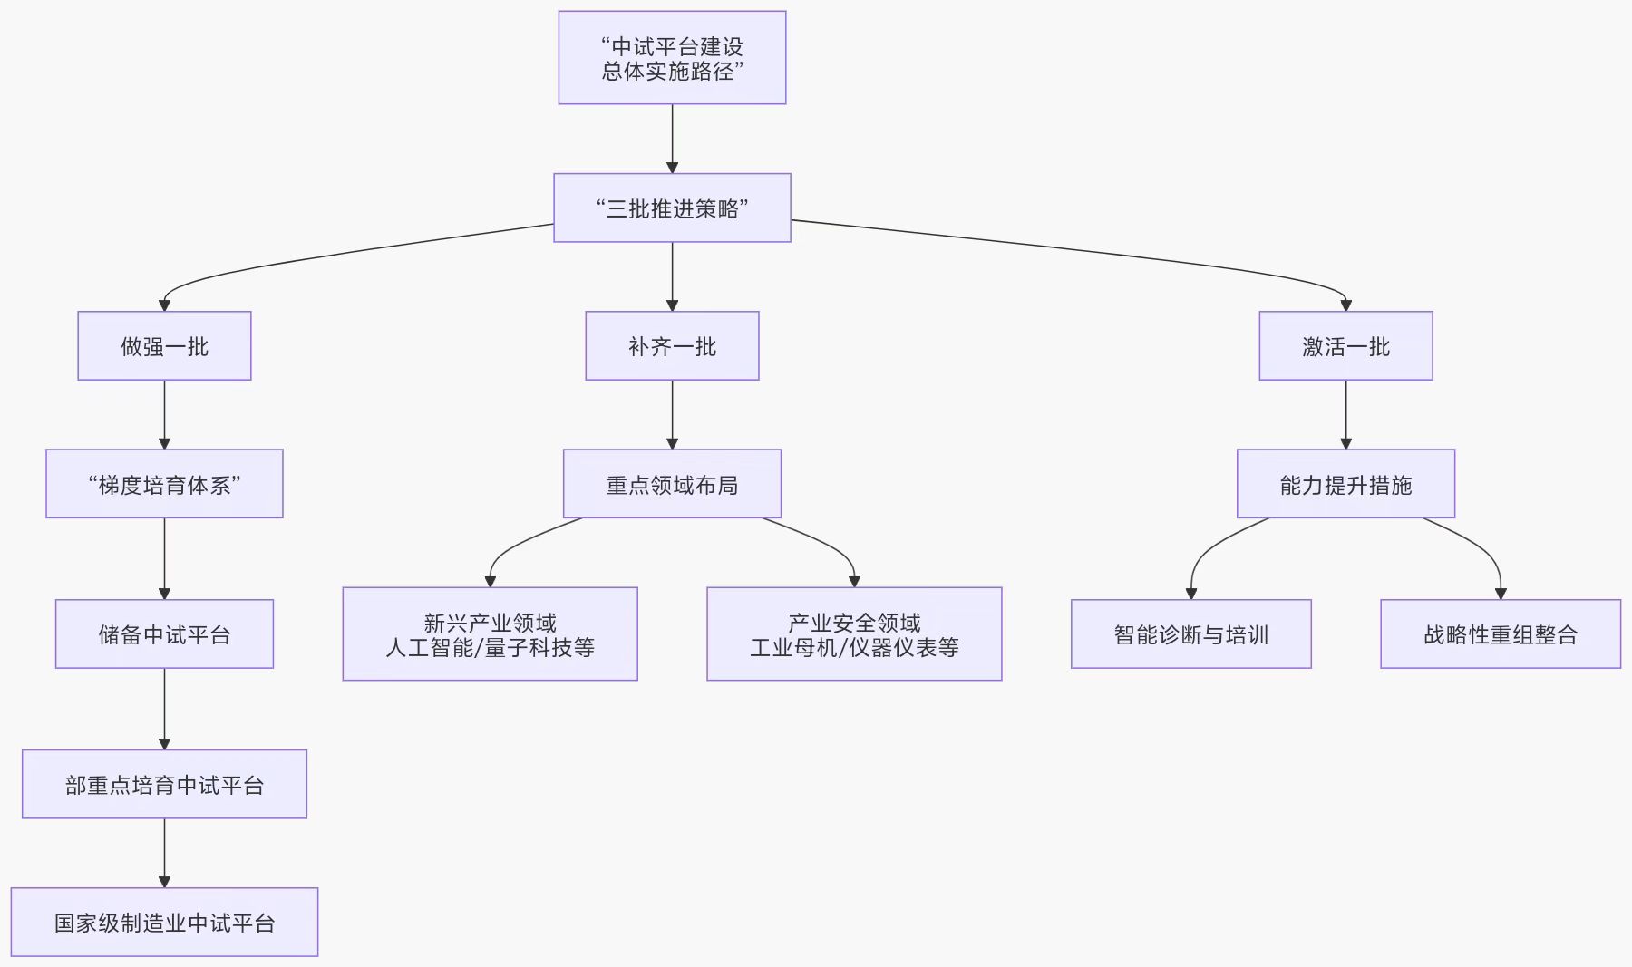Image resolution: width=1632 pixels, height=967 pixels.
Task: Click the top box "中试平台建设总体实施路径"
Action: [672, 58]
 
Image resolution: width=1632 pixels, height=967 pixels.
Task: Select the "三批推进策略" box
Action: [672, 208]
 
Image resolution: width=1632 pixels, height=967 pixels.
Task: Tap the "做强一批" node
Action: [164, 346]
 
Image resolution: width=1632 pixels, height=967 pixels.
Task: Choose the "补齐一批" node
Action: [672, 346]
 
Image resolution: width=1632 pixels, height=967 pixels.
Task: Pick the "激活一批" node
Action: [1345, 346]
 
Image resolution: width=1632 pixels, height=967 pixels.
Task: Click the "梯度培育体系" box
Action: [164, 485]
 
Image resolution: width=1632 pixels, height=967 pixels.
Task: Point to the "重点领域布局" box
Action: [672, 485]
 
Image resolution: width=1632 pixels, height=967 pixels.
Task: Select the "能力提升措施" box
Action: [1345, 485]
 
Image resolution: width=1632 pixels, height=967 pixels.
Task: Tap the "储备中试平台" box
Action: [164, 634]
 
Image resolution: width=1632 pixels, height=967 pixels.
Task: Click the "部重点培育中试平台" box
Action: [164, 785]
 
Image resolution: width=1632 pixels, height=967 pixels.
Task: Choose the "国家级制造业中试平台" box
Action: [164, 923]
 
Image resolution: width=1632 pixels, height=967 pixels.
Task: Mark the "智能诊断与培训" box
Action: [1190, 634]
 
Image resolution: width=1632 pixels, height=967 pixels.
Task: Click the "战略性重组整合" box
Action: [1501, 634]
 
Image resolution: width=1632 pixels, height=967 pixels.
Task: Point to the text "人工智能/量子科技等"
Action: [490, 647]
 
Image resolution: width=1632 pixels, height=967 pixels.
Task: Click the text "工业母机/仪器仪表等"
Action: [854, 647]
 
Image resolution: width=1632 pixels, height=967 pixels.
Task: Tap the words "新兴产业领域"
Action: [490, 623]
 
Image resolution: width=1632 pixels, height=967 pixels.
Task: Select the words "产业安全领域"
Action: [854, 623]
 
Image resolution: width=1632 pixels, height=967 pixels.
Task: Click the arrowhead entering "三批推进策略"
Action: [672, 167]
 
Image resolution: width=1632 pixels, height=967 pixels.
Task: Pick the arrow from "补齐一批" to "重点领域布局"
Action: [672, 414]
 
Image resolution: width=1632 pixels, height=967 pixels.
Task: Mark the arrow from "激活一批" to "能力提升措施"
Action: [1345, 414]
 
